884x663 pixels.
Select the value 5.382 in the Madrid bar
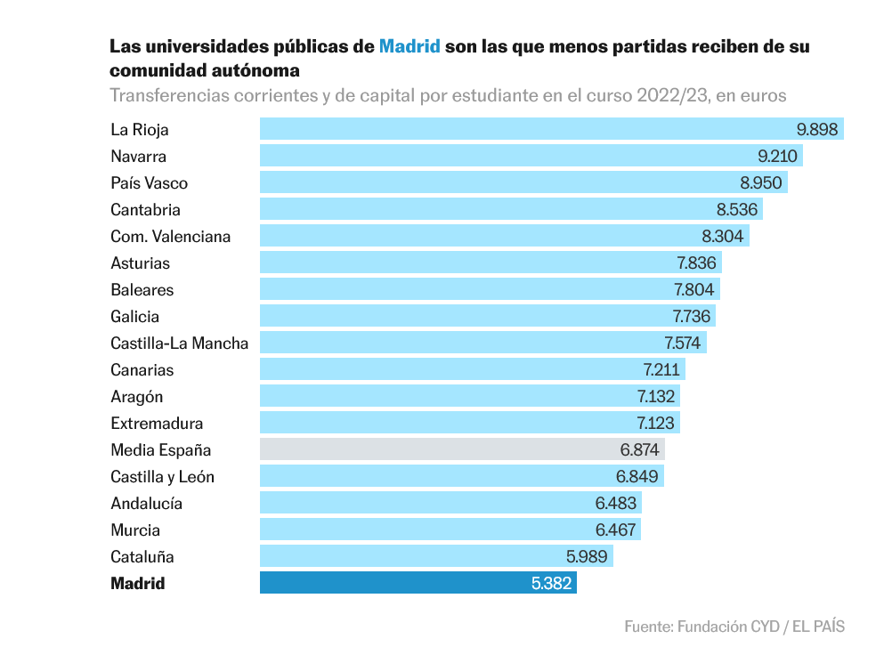coord(551,583)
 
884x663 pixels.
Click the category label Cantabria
coord(145,210)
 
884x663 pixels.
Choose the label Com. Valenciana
coord(170,237)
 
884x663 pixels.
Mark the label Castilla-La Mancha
coord(179,344)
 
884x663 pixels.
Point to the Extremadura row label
coord(157,424)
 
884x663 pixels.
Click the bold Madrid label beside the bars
coord(138,584)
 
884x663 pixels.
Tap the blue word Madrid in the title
coord(410,46)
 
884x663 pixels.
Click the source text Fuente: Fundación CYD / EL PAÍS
coord(734,627)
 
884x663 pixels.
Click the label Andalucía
coord(146,504)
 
